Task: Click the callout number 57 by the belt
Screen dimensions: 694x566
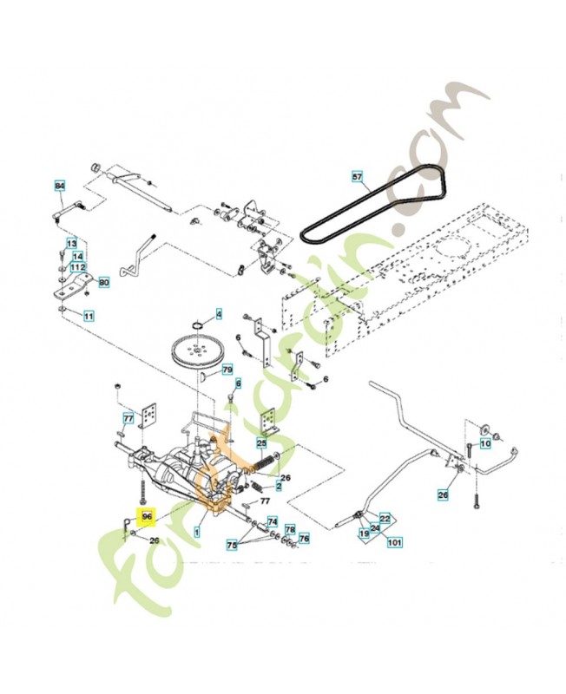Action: pos(357,176)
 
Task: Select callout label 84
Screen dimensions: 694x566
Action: pos(60,187)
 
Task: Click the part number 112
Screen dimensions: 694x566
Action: pos(78,267)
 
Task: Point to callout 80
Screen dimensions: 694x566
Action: pos(104,282)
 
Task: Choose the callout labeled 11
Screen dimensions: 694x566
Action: pos(89,317)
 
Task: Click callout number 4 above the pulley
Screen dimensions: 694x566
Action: pos(219,313)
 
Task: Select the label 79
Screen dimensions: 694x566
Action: pos(227,370)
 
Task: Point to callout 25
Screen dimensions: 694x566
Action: pos(261,443)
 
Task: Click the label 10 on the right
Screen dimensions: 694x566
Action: pos(485,443)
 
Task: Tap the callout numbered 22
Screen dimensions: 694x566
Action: pos(385,518)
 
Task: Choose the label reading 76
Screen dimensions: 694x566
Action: pos(304,539)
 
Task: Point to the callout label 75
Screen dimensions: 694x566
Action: pos(232,545)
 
